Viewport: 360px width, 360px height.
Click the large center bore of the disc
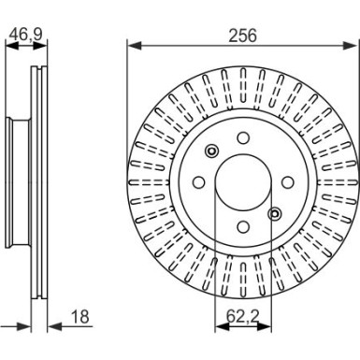tap(242, 181)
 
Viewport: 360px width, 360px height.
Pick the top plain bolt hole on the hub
tap(242, 138)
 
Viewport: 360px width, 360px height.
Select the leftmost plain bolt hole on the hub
tap(199, 181)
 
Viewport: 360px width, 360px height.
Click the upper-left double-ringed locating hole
tap(212, 152)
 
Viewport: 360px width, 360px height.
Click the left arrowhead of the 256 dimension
tap(132, 44)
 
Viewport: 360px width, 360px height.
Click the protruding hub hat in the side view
tap(15, 182)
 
